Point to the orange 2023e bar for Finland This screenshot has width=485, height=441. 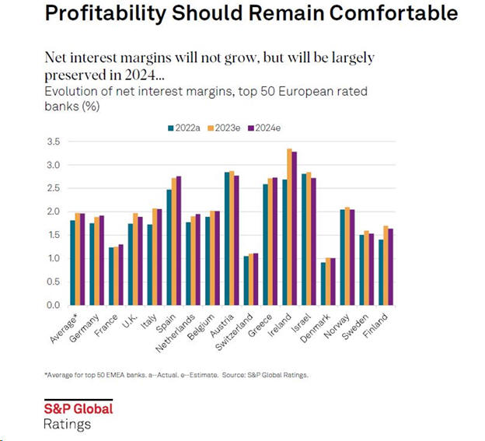click(x=386, y=264)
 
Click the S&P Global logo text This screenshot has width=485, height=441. click(x=77, y=409)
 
